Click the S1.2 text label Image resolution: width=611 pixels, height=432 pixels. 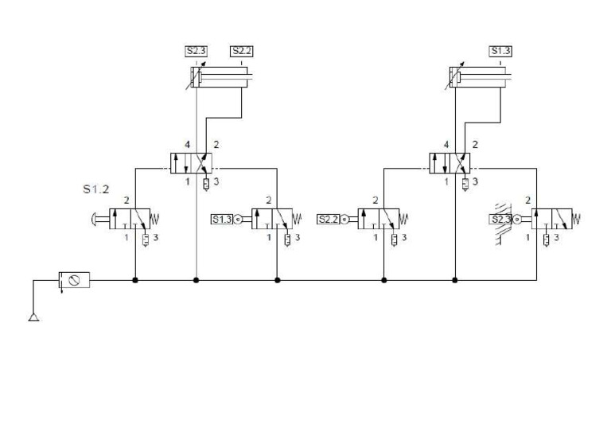coord(95,190)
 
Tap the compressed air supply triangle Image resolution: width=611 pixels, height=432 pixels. coord(34,317)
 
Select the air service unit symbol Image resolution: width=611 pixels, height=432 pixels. coord(74,279)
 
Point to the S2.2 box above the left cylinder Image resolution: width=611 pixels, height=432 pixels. coord(242,52)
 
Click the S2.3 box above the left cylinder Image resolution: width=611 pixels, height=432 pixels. coord(196,52)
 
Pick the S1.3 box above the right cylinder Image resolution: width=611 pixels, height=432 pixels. coord(500,52)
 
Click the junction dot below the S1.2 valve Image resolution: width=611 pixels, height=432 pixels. coord(135,280)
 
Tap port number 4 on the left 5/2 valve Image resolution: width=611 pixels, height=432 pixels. coord(187,146)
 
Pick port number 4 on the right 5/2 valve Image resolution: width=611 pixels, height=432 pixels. coord(446,146)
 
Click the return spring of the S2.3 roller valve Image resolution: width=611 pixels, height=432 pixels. coord(577,218)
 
